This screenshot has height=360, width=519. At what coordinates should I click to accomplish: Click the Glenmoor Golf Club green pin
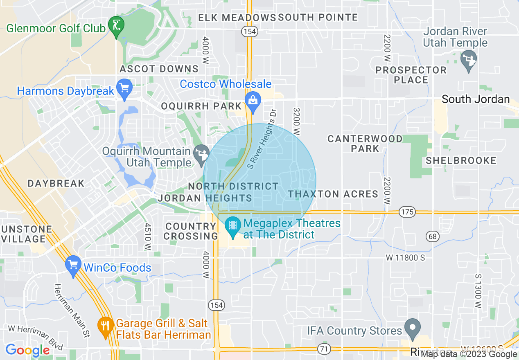click(116, 26)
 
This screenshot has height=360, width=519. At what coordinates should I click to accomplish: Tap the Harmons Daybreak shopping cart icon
click(124, 88)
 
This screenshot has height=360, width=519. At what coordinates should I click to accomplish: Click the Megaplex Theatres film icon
click(233, 226)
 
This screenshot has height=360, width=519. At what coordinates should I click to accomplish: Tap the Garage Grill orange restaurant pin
click(106, 326)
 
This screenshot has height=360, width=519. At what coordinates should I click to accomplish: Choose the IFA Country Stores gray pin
click(413, 328)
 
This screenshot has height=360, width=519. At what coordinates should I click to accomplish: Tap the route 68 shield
click(432, 236)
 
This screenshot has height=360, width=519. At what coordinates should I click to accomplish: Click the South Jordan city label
click(476, 99)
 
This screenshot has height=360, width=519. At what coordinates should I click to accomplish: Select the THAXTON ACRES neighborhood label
click(333, 194)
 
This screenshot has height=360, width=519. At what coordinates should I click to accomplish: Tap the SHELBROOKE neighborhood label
click(461, 160)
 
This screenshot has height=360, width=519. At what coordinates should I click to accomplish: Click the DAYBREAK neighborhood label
click(56, 183)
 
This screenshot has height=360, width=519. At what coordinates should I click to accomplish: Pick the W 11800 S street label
click(405, 258)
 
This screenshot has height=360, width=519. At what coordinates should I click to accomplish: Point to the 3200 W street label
click(297, 122)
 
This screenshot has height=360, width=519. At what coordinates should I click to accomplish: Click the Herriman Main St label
click(72, 307)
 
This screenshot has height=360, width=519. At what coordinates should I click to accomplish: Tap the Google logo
click(27, 351)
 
